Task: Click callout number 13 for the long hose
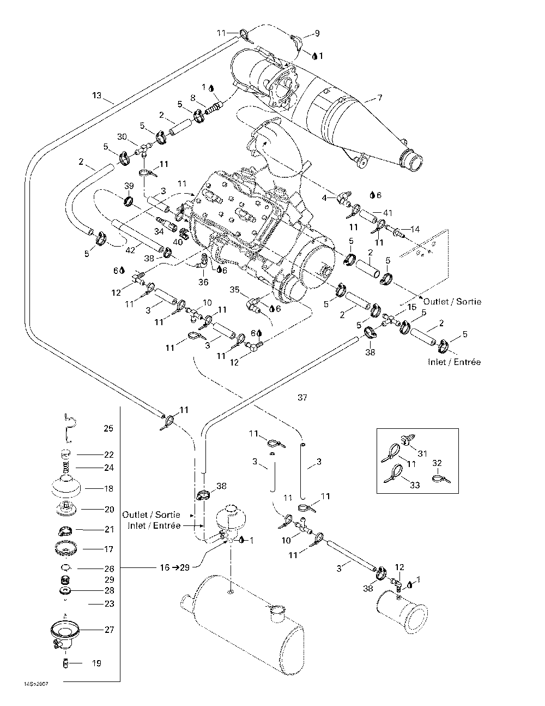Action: point(96,95)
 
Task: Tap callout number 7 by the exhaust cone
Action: point(379,97)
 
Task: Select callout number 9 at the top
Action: point(317,33)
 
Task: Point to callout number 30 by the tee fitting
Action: point(122,137)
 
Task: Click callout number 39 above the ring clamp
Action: point(129,186)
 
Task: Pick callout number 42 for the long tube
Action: point(130,250)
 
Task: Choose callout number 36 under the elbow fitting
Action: point(203,282)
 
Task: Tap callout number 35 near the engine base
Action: point(234,290)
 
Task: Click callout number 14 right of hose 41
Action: point(415,229)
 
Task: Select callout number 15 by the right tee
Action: point(411,307)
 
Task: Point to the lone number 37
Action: point(302,397)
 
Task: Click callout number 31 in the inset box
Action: point(422,453)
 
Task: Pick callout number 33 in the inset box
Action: point(415,485)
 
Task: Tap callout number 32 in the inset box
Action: point(437,463)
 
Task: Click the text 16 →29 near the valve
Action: point(174,567)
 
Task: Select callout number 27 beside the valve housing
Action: point(110,629)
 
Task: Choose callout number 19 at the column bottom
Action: point(96,663)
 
